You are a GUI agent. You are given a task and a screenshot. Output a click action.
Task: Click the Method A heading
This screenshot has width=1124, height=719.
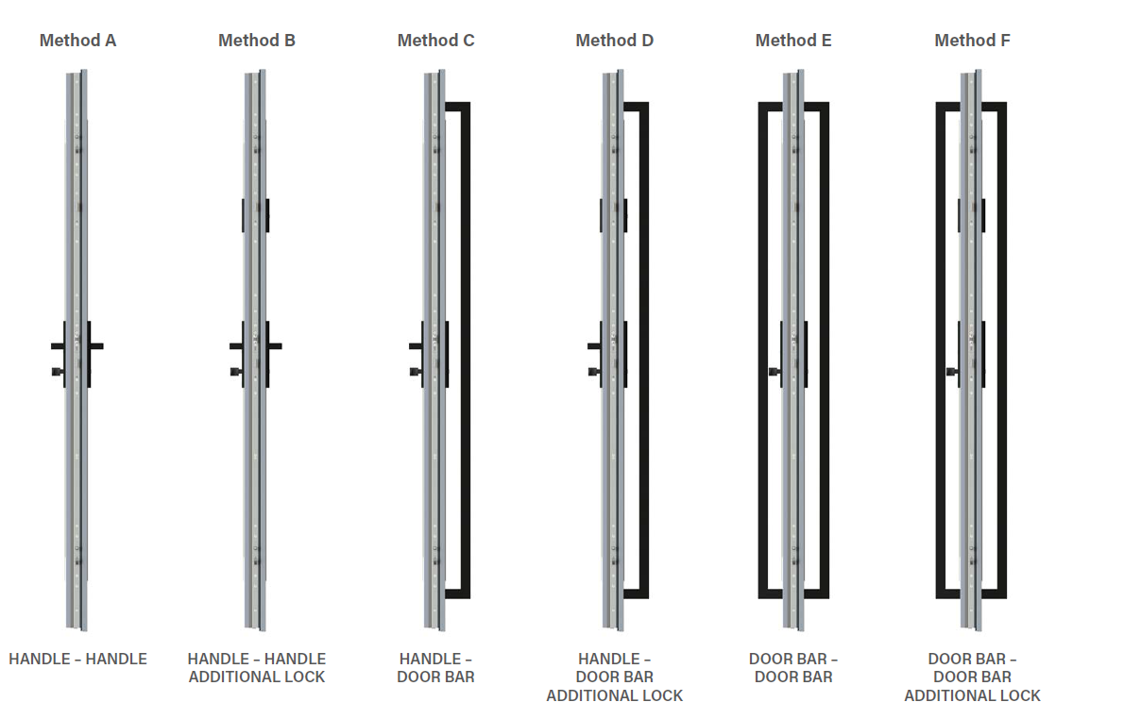(77, 41)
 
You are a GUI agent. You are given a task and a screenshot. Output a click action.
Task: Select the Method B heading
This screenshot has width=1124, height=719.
(256, 41)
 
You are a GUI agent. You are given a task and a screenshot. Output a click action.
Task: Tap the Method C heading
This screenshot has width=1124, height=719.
(435, 41)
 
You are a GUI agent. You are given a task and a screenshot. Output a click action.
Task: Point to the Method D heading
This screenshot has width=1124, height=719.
(614, 41)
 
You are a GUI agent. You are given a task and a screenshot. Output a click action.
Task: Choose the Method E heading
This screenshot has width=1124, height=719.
(793, 41)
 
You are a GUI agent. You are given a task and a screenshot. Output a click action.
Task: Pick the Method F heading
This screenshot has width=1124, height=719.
(973, 41)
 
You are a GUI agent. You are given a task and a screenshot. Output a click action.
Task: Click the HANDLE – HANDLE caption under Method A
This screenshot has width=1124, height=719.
(77, 659)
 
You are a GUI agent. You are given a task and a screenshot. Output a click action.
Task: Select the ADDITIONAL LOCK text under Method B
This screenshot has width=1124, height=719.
(256, 677)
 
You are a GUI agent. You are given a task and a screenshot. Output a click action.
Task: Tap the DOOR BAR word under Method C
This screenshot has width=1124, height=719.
(435, 677)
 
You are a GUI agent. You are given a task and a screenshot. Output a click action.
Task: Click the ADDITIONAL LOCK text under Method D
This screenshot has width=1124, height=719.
(614, 695)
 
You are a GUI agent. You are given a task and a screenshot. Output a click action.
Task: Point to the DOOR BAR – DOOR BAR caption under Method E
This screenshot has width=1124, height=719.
(793, 667)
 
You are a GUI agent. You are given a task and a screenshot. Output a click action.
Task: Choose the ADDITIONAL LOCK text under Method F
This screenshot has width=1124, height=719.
(972, 695)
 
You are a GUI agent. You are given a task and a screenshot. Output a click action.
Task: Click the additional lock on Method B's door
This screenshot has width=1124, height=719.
(255, 215)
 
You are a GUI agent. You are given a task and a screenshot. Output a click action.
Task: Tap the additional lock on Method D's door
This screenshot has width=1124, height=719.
(613, 215)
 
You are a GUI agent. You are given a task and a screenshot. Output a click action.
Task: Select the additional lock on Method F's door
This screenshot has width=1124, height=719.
(971, 215)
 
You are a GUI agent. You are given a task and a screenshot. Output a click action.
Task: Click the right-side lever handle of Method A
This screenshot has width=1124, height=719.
(95, 346)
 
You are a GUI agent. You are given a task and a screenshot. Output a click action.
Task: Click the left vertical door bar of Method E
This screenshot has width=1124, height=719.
(763, 349)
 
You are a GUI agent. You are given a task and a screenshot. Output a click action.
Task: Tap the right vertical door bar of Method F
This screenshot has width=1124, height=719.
(1001, 349)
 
